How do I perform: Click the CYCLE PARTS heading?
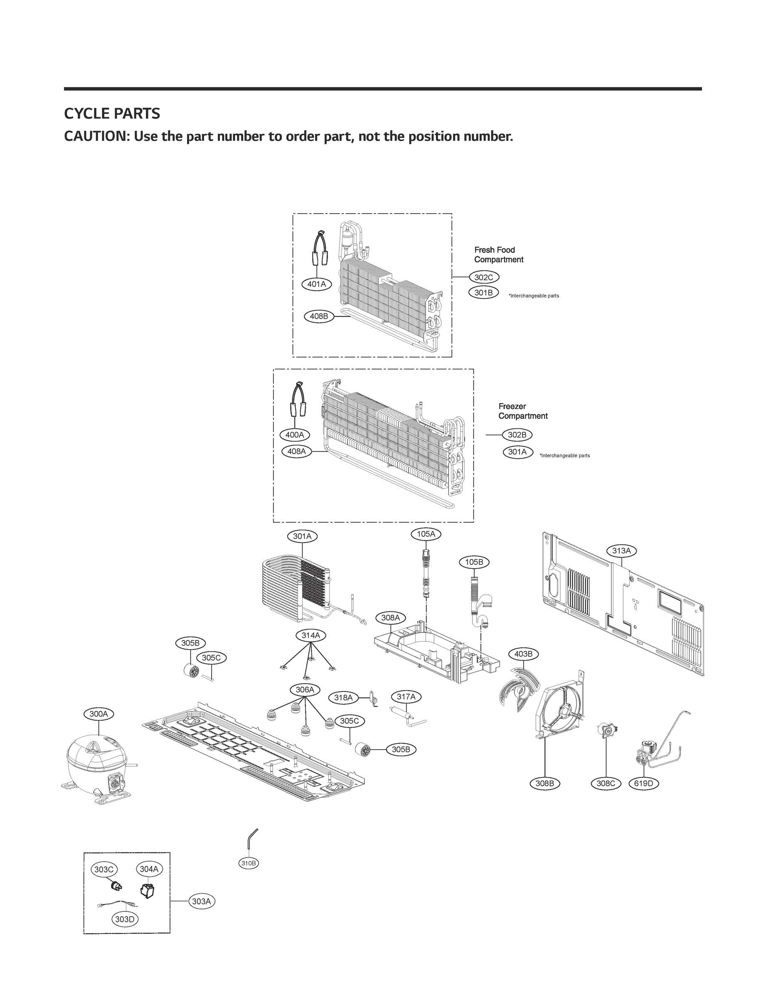pos(112,114)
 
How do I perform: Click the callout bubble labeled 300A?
pos(99,714)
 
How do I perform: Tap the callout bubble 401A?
pos(317,284)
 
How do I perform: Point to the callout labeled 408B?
pos(319,316)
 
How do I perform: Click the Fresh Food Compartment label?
pos(498,254)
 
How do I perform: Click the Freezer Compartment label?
pos(522,411)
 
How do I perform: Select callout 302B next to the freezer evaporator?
pos(517,435)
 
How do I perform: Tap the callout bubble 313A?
pos(621,551)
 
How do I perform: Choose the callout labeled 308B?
pos(544,783)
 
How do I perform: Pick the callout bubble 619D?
pos(644,783)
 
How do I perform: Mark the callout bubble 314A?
pos(311,635)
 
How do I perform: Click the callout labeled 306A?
pos(305,690)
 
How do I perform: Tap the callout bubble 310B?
pos(249,863)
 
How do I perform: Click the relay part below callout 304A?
pos(147,890)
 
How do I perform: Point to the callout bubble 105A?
pos(426,534)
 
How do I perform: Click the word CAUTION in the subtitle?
pos(96,136)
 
